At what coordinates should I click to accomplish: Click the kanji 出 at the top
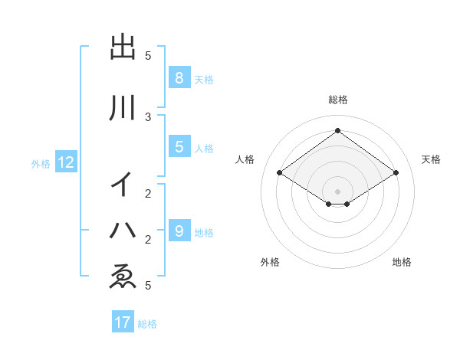[123, 47]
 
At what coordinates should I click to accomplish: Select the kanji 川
[123, 108]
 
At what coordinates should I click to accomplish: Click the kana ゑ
[123, 275]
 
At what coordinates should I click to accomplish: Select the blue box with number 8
[179, 77]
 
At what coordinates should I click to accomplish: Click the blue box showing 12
[65, 162]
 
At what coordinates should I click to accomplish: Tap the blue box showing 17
[123, 322]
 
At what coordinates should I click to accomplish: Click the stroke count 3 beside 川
[148, 117]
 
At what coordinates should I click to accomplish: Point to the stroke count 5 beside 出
[148, 56]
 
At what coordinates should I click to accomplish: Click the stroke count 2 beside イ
[148, 193]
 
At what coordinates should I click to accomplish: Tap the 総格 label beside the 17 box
[147, 324]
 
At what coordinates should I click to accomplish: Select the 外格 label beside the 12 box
[41, 163]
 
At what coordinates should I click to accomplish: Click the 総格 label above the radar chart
[337, 100]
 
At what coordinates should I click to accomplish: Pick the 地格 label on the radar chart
[402, 262]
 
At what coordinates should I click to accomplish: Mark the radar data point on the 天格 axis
[396, 173]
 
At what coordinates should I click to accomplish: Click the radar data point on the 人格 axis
[279, 173]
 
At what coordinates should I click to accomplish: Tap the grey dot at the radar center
[337, 191]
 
